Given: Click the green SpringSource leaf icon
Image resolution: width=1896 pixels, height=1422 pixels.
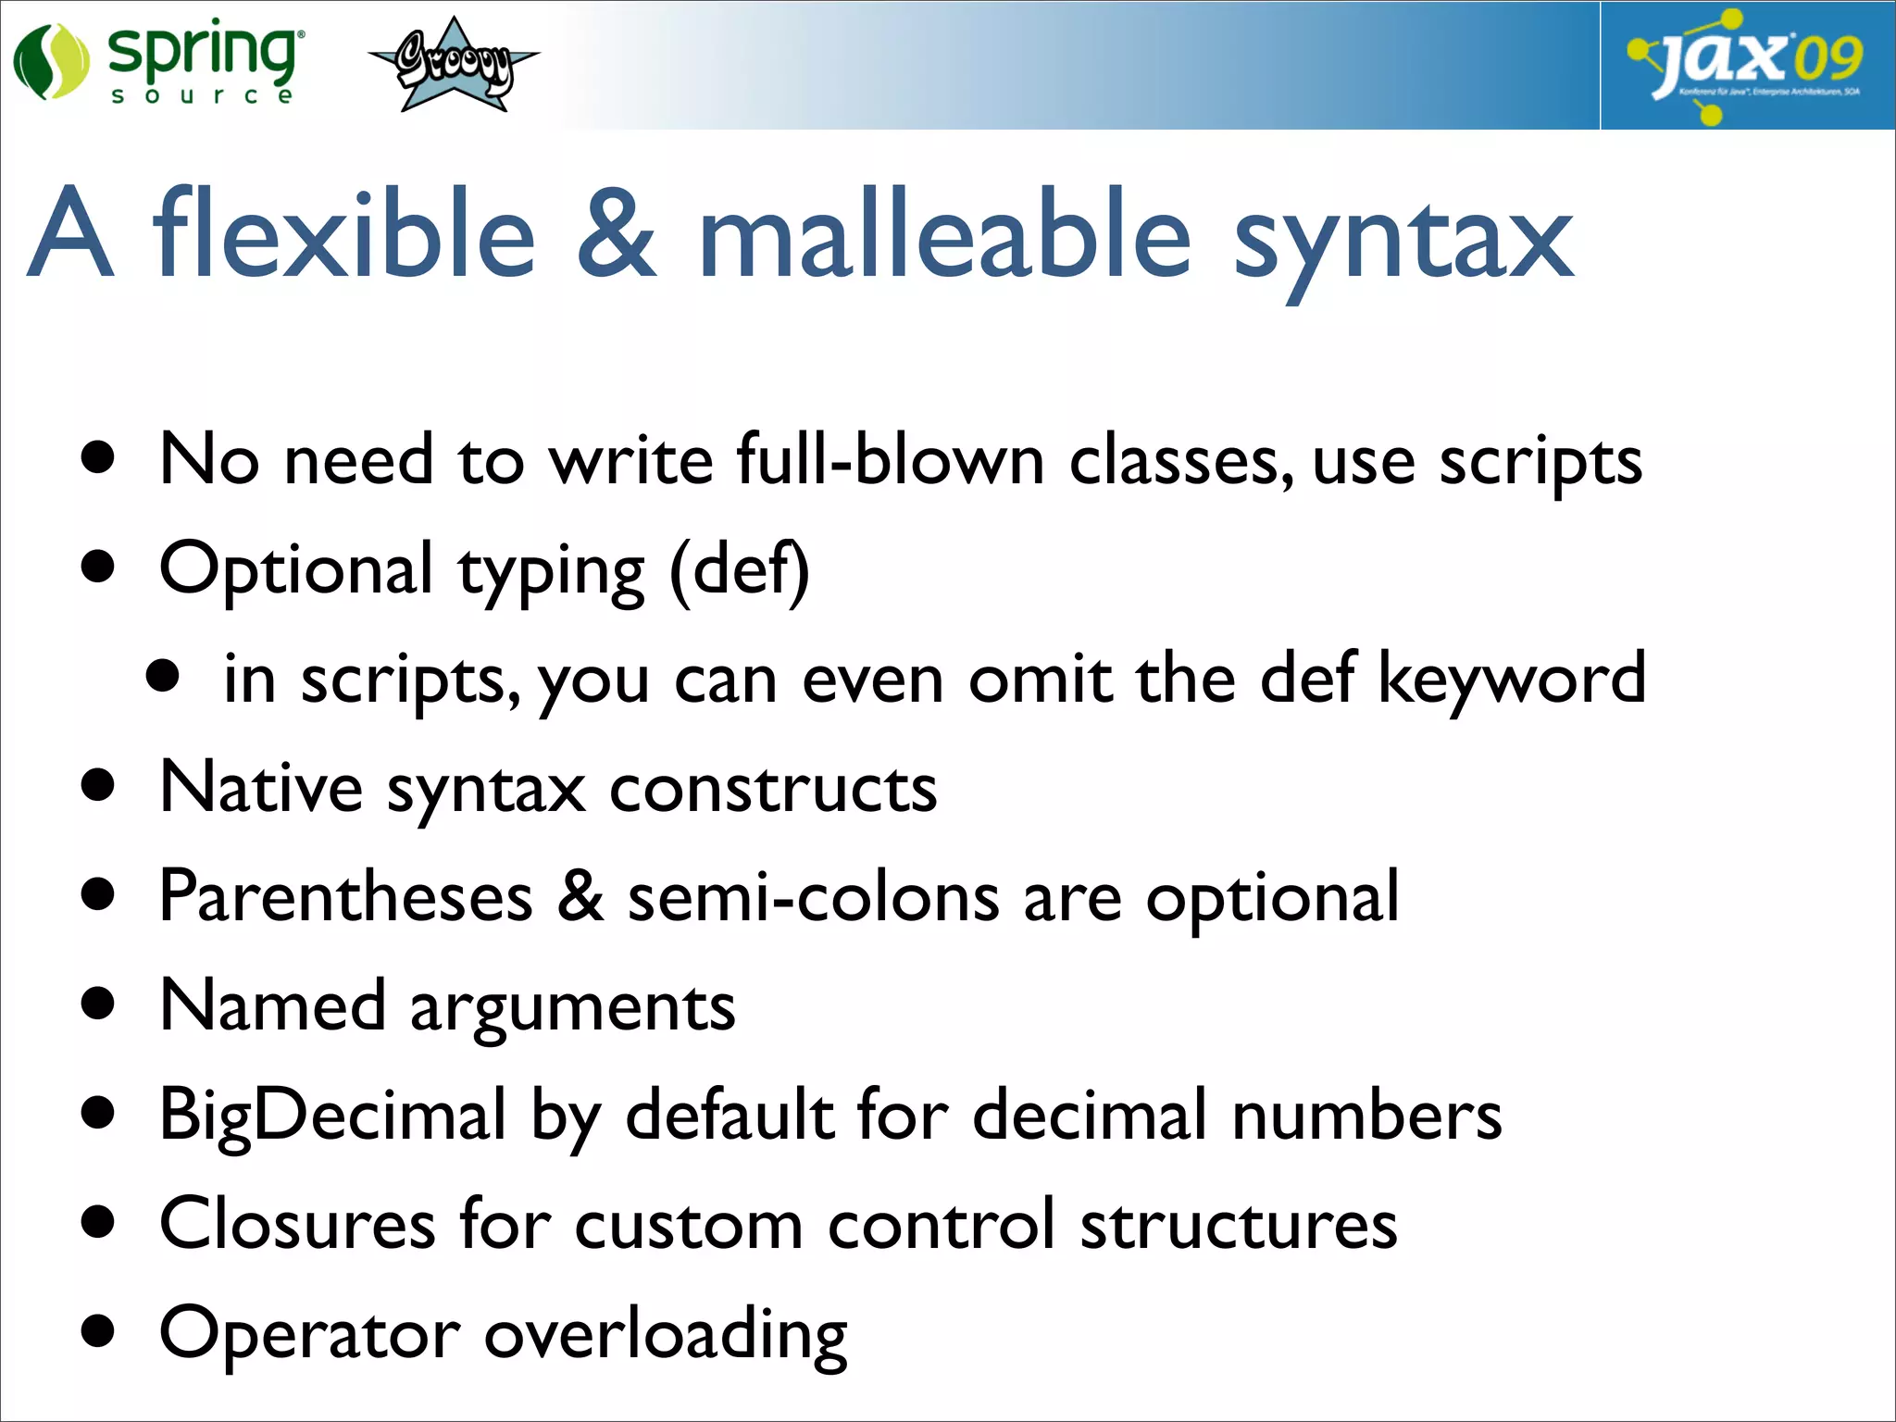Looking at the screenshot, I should (51, 63).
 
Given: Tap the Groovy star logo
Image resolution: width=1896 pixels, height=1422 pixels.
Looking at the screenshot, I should (454, 65).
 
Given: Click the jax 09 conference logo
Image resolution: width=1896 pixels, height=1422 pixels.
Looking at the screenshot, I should (1746, 65).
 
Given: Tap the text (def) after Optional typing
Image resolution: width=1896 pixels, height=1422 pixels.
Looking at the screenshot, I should (740, 570).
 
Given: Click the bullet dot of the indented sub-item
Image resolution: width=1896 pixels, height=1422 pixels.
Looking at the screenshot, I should (163, 677).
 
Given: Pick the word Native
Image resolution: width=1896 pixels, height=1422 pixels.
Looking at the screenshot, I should (261, 788).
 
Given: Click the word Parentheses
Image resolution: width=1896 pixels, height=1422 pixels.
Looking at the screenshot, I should (346, 897).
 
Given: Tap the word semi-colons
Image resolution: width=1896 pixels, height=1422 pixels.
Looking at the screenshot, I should (814, 897).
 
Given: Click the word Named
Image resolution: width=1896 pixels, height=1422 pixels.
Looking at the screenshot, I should (272, 1006).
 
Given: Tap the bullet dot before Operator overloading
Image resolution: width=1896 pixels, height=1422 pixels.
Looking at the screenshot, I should (97, 1331).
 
